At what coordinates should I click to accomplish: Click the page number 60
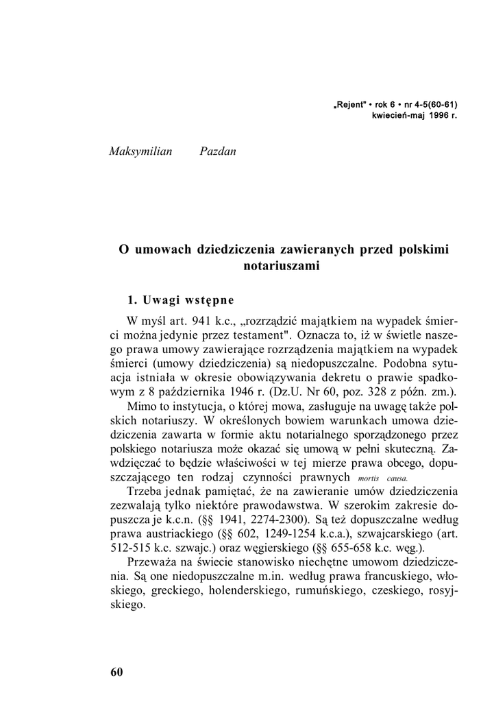[116, 672]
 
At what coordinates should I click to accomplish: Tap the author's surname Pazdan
[217, 151]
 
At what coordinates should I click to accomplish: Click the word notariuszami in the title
[282, 267]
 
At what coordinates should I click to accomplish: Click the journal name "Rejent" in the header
[350, 105]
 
